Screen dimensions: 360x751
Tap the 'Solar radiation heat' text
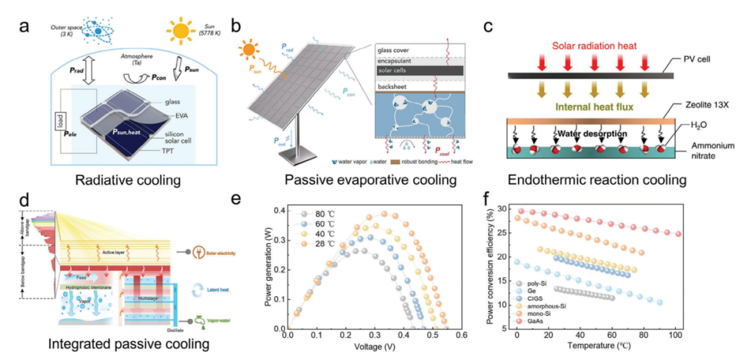[595, 47]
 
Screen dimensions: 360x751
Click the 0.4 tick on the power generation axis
[277, 211]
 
